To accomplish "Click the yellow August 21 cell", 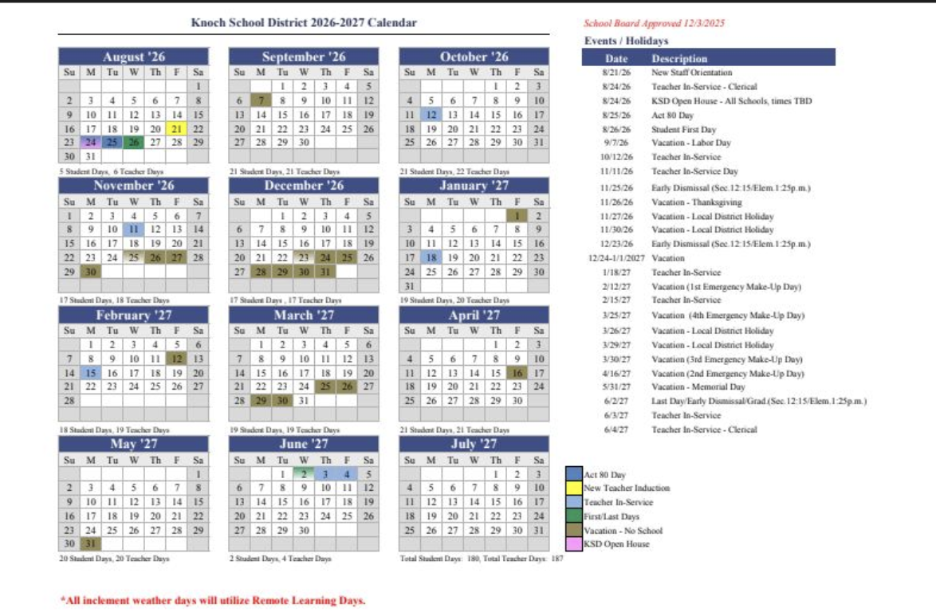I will click(x=176, y=129).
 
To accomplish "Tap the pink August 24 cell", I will click(x=91, y=143).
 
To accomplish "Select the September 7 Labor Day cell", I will click(x=261, y=100).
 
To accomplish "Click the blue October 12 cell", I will click(x=431, y=115).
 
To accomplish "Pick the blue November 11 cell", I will click(x=133, y=229).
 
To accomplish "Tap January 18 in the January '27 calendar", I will click(x=431, y=257).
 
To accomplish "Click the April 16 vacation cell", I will click(x=517, y=372).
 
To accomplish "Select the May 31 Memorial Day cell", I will click(x=91, y=544).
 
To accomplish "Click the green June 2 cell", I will click(x=304, y=473).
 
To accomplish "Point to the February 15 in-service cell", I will click(x=91, y=372).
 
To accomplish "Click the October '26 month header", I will click(x=474, y=57).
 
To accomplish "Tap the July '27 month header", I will click(x=474, y=444).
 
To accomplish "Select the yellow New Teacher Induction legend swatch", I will click(x=574, y=488).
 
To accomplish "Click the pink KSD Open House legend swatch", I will click(x=574, y=543).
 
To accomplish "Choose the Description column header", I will click(x=679, y=58).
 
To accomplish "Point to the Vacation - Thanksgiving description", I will click(x=685, y=202).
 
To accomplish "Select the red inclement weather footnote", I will click(x=213, y=599).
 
